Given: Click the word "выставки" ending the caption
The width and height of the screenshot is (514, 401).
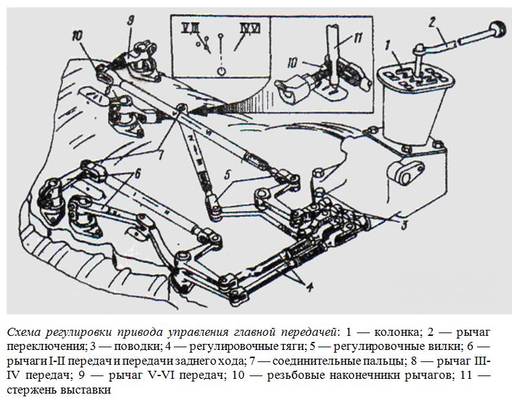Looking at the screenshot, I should coord(86,390).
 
